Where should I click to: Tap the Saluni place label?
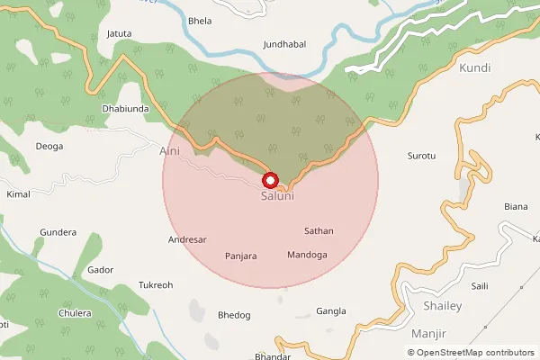click(277, 195)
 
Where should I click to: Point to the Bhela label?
click(198, 20)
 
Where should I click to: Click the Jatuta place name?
click(120, 34)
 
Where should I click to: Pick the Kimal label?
click(18, 194)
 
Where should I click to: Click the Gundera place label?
click(58, 232)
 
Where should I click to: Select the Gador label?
click(100, 270)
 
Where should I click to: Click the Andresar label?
click(188, 240)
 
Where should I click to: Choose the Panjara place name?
click(241, 256)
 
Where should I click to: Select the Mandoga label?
click(307, 256)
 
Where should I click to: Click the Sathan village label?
click(319, 231)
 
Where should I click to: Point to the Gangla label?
click(331, 311)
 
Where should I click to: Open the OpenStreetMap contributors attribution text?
click(475, 353)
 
